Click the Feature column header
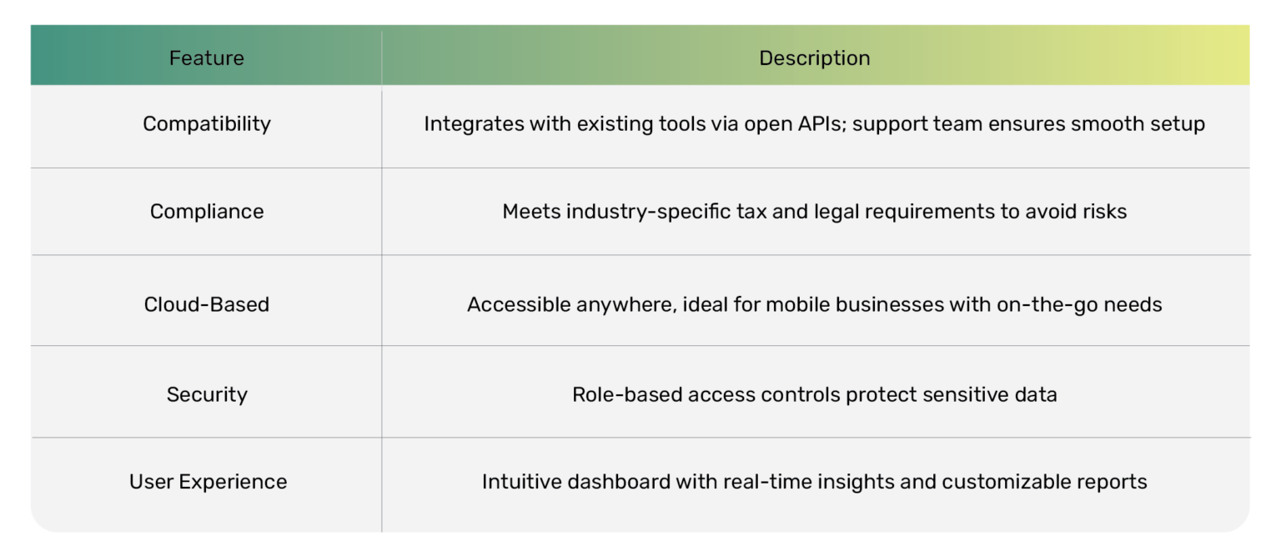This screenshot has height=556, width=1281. tap(206, 58)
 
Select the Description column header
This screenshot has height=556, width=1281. tap(814, 58)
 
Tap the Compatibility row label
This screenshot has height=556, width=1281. tap(207, 124)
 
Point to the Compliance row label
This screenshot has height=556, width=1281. tap(207, 212)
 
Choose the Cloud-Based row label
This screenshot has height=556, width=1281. tap(207, 304)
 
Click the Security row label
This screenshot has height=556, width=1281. tap(207, 394)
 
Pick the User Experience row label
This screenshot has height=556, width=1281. tap(208, 482)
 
